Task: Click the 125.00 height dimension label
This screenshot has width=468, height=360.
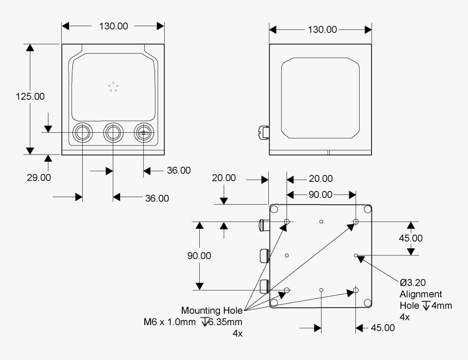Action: [x=30, y=96]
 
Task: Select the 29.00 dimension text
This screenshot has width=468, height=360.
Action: [x=39, y=177]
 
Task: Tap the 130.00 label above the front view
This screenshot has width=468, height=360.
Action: [x=113, y=27]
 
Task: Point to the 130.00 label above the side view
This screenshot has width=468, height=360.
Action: [x=321, y=29]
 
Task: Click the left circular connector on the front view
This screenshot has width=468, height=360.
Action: [x=83, y=132]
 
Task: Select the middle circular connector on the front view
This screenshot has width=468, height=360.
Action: [x=113, y=132]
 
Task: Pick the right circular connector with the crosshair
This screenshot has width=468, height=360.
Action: [x=144, y=132]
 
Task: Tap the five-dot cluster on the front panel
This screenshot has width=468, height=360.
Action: [x=113, y=87]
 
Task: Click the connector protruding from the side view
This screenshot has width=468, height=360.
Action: [x=263, y=131]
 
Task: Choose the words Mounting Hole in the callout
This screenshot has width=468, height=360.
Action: [x=212, y=310]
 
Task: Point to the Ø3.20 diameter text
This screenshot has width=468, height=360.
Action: [x=412, y=283]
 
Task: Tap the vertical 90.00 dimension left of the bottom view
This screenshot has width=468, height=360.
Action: [x=199, y=255]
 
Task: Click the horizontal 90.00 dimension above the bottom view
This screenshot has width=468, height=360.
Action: [x=321, y=194]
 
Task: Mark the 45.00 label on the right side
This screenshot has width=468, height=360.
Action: [x=410, y=238]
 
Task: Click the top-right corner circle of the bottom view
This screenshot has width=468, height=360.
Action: [x=368, y=209]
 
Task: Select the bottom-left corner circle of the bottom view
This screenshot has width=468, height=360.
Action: [x=274, y=302]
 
